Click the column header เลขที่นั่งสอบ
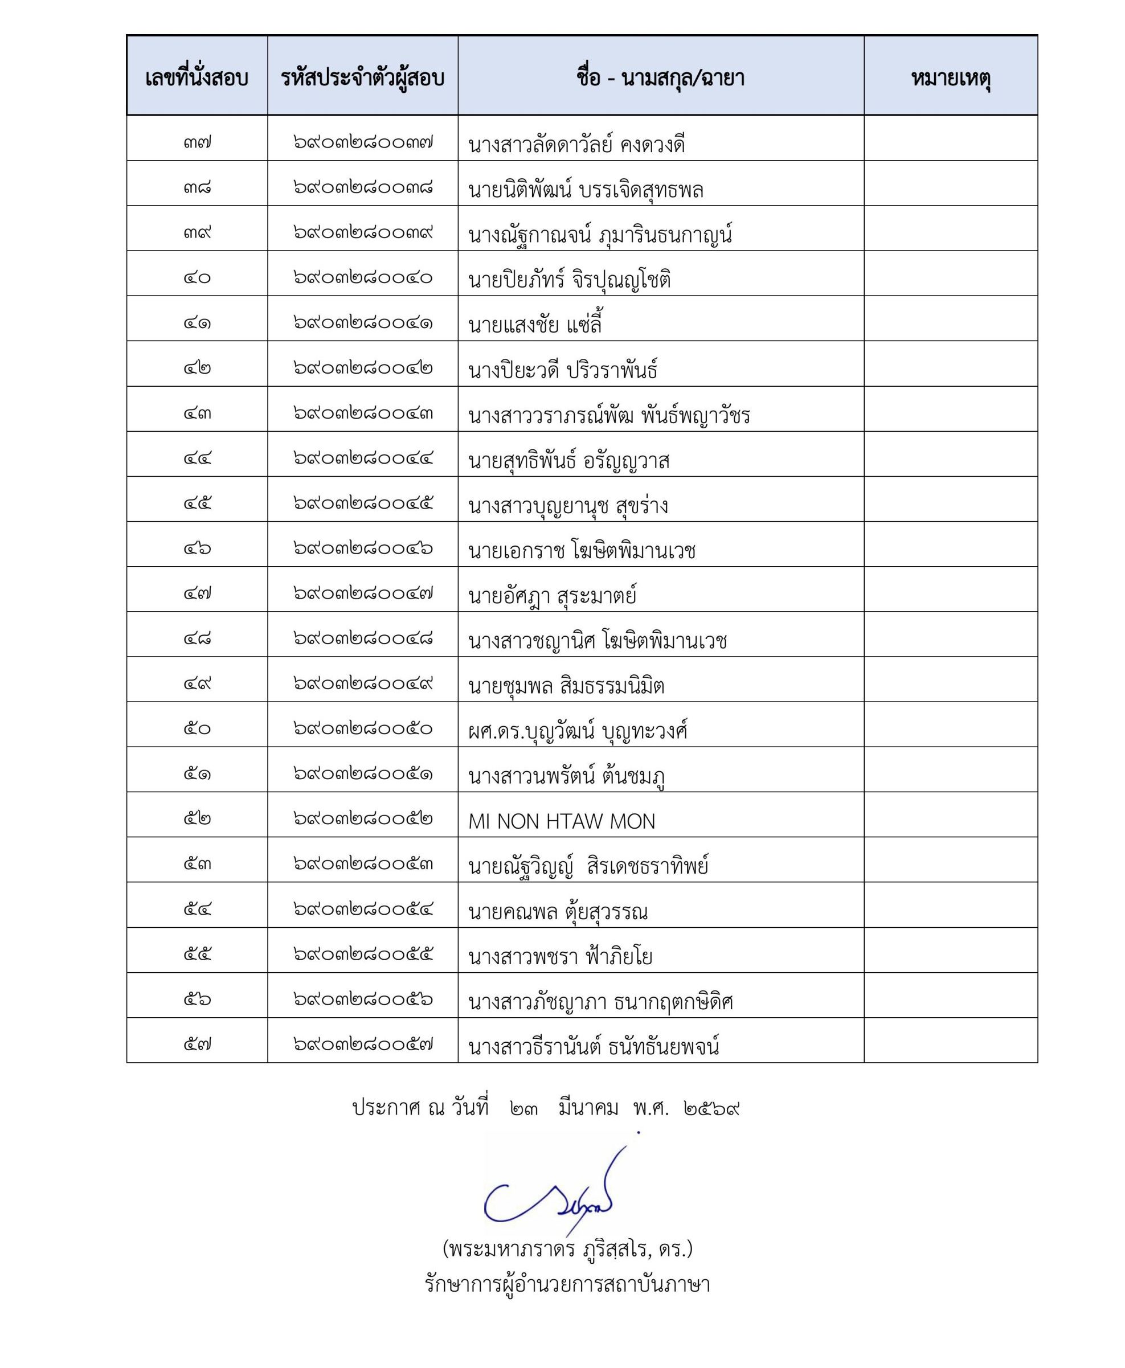(x=197, y=79)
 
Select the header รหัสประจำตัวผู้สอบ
(x=362, y=79)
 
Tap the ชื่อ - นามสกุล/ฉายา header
(x=660, y=79)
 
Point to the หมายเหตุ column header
(x=950, y=79)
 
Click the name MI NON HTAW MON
(x=562, y=821)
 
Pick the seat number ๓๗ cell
(x=197, y=142)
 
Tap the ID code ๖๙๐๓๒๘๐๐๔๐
(x=362, y=277)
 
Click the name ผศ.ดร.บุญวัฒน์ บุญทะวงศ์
(x=578, y=731)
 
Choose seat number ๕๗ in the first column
(x=197, y=1044)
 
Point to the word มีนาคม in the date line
(x=588, y=1108)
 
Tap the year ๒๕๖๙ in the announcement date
(x=711, y=1108)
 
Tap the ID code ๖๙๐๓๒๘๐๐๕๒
(x=362, y=818)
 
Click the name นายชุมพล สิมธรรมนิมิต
(x=566, y=686)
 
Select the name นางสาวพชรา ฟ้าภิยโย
(x=561, y=956)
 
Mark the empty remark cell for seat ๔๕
(x=950, y=499)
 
